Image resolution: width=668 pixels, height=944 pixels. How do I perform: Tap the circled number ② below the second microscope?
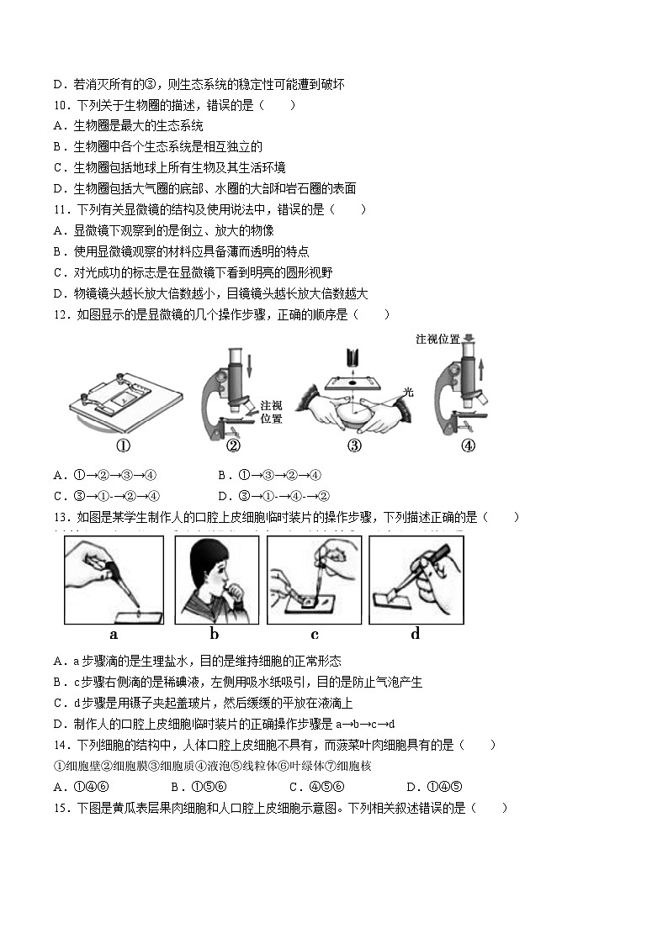coord(234,446)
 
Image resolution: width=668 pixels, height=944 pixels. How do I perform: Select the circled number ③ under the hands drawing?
coord(354,446)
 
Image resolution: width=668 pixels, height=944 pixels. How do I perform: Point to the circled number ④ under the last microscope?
coord(469,446)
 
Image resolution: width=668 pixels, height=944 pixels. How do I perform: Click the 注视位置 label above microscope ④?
coord(437,339)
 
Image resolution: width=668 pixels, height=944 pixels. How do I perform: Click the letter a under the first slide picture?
coord(114,635)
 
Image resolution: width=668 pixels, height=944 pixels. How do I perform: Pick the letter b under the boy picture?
coord(215,635)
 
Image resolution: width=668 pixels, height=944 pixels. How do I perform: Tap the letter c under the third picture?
coord(315,635)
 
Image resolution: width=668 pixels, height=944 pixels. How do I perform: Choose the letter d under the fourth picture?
coord(415,635)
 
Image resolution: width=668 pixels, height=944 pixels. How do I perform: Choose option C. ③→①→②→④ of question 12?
coord(106,496)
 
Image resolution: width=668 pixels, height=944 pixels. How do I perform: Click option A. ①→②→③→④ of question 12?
coord(106,475)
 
